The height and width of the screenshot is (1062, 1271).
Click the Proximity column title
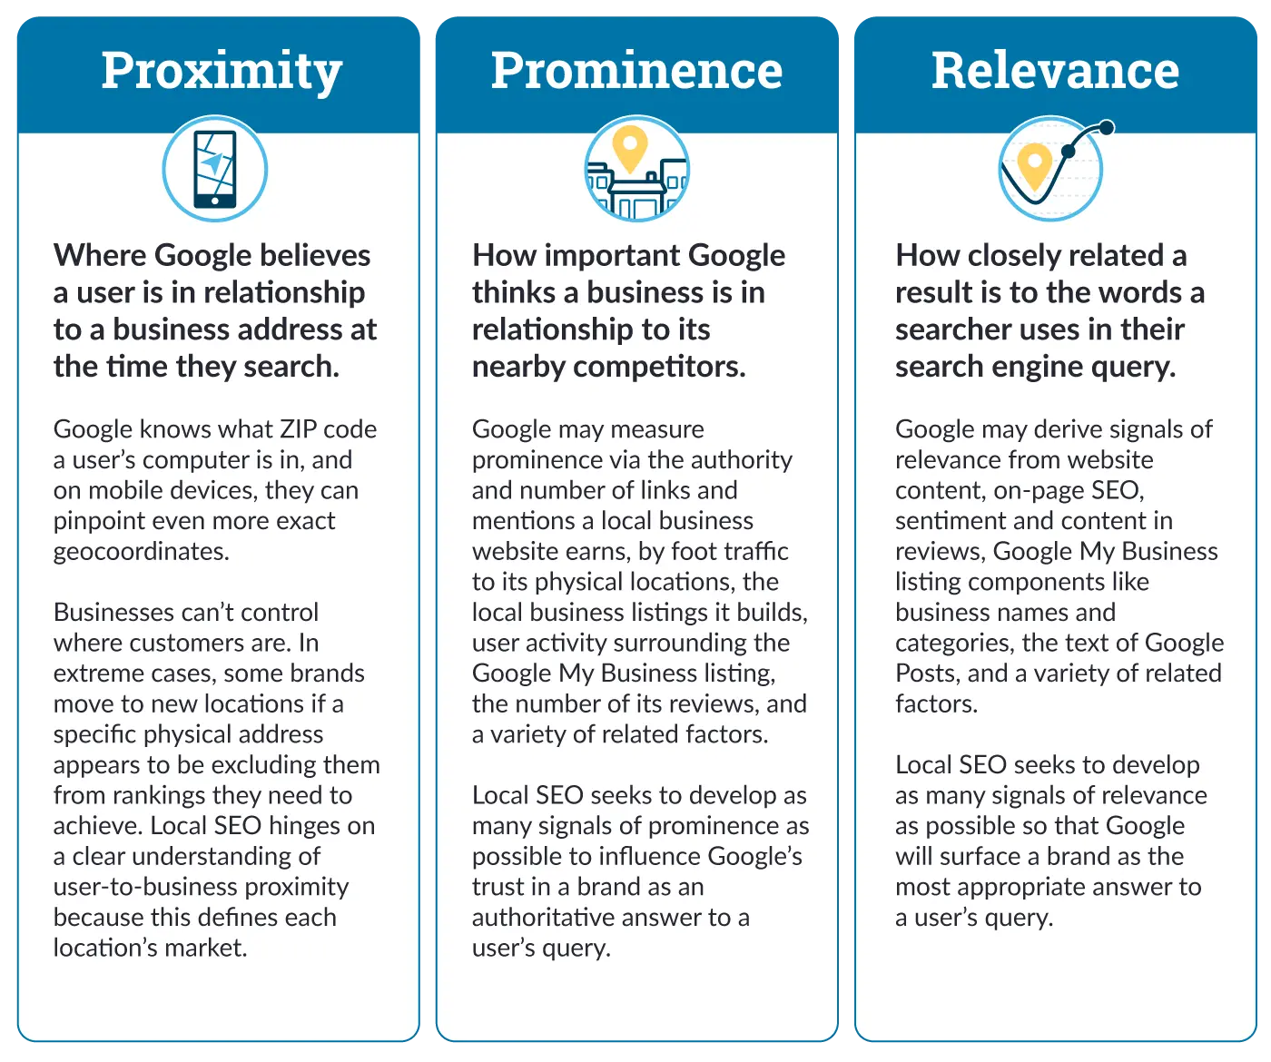(222, 72)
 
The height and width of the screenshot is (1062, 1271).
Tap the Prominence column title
(636, 71)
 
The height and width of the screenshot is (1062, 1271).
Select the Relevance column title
(1055, 71)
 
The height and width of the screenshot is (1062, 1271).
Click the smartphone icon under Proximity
(215, 169)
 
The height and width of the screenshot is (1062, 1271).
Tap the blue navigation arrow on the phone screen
(213, 163)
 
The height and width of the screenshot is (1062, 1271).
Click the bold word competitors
(659, 367)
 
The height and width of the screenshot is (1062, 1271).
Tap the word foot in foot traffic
(695, 551)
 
